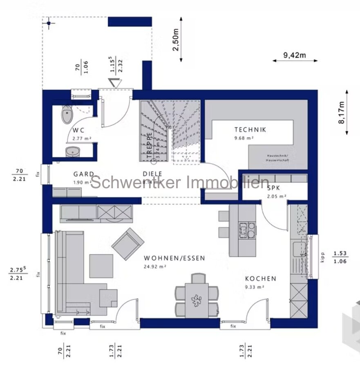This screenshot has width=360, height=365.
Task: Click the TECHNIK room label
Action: click(250, 129)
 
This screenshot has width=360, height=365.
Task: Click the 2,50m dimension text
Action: click(175, 40)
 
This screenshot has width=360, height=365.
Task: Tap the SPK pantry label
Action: click(274, 189)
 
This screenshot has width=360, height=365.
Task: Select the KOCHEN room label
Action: click(260, 279)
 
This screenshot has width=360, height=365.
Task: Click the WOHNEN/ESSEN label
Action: click(174, 258)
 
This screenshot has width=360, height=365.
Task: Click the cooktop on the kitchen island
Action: click(248, 230)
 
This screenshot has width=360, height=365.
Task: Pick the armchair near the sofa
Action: click(128, 244)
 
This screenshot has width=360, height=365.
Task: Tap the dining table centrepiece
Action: click(196, 301)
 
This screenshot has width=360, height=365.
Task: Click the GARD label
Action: click(84, 174)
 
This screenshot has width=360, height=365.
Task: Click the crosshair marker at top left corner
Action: click(49, 24)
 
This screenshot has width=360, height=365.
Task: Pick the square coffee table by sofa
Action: click(101, 266)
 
